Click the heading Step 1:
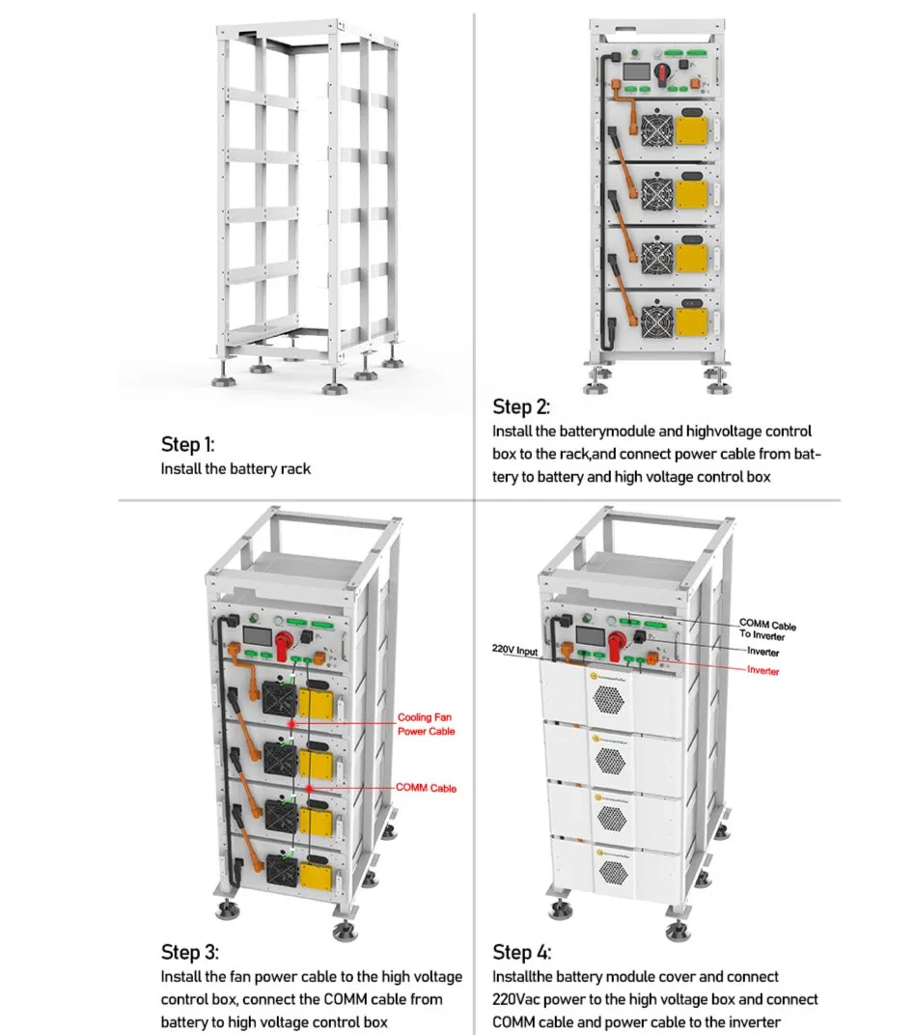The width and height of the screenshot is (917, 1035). [x=187, y=445]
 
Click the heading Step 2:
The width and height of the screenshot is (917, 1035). [x=521, y=406]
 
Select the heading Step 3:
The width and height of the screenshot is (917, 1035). [x=189, y=953]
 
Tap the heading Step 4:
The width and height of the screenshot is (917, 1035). [x=522, y=953]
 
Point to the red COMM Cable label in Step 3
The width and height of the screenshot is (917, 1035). [x=426, y=789]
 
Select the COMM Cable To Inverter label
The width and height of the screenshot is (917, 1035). [x=767, y=629]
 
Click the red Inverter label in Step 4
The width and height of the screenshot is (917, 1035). [x=763, y=671]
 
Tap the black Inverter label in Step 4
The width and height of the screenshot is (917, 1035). [x=763, y=653]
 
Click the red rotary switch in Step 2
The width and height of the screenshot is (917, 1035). [x=664, y=73]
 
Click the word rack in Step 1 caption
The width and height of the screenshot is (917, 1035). [x=297, y=469]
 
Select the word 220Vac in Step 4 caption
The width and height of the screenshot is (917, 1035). [x=519, y=1000]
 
